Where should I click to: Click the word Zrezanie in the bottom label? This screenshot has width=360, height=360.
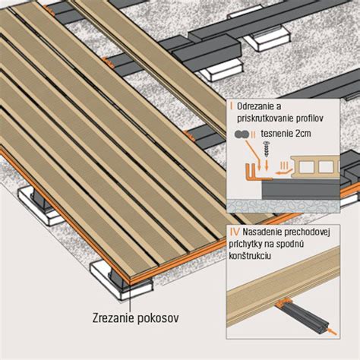113,318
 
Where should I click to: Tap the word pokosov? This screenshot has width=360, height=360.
158,318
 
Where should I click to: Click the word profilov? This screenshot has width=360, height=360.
314,118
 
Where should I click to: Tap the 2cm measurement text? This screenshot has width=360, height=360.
302,134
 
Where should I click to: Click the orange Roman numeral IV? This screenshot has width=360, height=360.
234,232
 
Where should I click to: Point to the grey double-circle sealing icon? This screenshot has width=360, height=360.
241,134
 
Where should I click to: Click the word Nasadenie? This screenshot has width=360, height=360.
262,232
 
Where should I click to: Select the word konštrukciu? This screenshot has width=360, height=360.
250,256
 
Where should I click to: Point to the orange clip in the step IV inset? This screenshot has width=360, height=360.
283,302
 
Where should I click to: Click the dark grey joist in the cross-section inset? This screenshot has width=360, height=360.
301,188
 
